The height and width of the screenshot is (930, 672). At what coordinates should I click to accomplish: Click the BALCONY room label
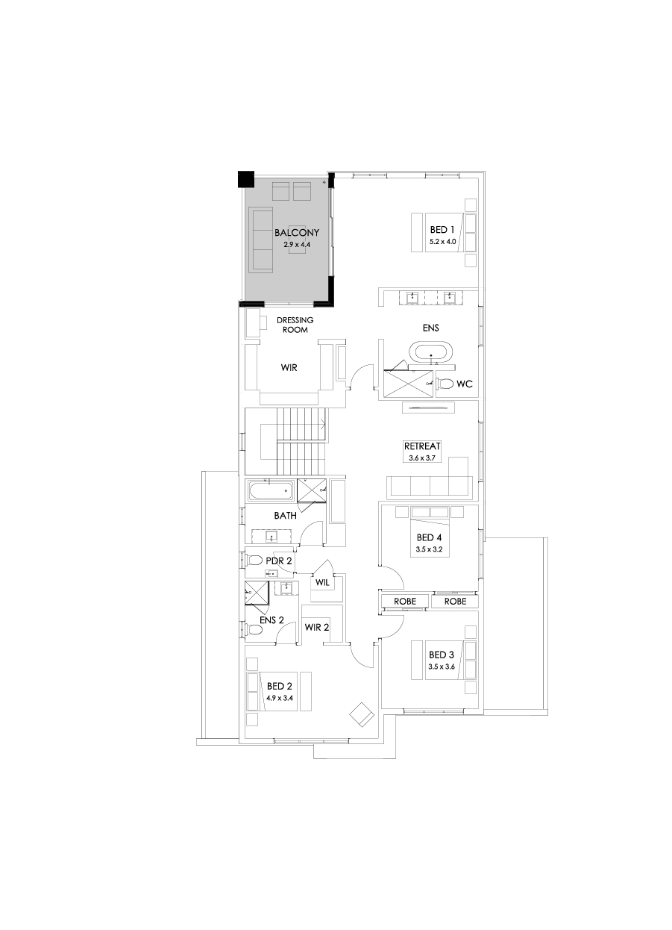coord(296,233)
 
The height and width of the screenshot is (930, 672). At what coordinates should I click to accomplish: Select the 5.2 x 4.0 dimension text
coord(442,242)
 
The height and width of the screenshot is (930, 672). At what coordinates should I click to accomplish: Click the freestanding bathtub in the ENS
coord(430,352)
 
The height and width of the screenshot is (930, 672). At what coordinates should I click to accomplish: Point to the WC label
coord(465,384)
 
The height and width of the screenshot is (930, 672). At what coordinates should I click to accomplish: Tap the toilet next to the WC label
coord(445,384)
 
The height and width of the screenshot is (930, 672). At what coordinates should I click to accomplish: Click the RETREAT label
coord(422,446)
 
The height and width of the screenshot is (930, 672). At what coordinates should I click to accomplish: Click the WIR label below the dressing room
coord(289,367)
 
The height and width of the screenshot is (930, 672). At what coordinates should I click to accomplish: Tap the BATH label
coord(285,516)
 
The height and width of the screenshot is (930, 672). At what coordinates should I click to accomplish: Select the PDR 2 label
coord(278,561)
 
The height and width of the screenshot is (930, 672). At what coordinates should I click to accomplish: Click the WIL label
coord(322,583)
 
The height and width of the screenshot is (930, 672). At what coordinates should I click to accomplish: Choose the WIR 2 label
coord(316,627)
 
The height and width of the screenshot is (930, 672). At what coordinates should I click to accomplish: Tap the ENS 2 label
coord(271,620)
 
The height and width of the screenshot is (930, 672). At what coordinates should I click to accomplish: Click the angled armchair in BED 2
coord(362,714)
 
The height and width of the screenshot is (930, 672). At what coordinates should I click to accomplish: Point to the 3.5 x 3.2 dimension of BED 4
coord(429,549)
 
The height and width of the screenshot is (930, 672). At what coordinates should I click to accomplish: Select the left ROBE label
coord(403,602)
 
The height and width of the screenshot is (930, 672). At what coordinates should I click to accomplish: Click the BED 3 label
coord(441,655)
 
